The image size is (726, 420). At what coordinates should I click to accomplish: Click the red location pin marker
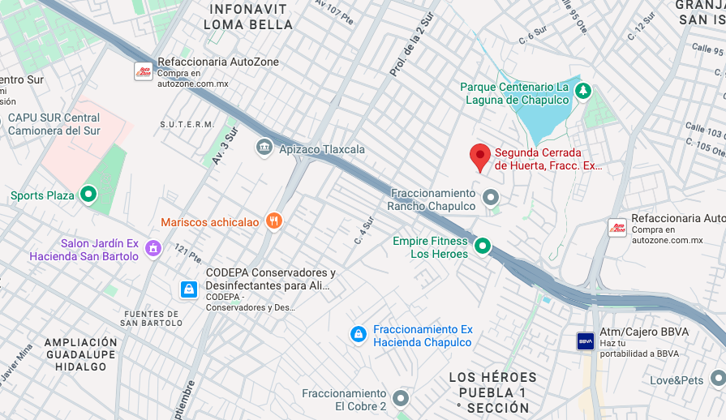[480, 156]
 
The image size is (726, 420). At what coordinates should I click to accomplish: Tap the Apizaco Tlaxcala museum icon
[264, 148]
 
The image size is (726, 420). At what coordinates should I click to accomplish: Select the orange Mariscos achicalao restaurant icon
[275, 221]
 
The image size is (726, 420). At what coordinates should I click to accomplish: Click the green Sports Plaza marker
[88, 195]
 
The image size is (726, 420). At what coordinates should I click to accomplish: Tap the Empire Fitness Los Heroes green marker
[483, 246]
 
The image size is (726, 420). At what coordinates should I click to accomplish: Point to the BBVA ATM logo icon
[586, 341]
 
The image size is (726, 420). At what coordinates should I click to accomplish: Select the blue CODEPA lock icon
[188, 289]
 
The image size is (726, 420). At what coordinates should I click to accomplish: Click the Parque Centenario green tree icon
[582, 92]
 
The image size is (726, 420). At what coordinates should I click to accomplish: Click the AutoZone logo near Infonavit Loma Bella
[143, 71]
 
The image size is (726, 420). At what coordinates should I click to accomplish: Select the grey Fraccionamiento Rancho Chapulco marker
[490, 197]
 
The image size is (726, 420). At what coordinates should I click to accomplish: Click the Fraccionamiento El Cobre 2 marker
[401, 398]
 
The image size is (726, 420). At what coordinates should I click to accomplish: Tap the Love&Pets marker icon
[717, 379]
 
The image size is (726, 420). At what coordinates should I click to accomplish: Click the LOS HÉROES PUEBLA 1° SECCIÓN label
[493, 392]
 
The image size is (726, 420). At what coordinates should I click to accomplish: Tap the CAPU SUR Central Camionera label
[54, 124]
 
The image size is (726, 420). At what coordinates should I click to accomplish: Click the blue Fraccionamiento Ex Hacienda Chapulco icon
[358, 334]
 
